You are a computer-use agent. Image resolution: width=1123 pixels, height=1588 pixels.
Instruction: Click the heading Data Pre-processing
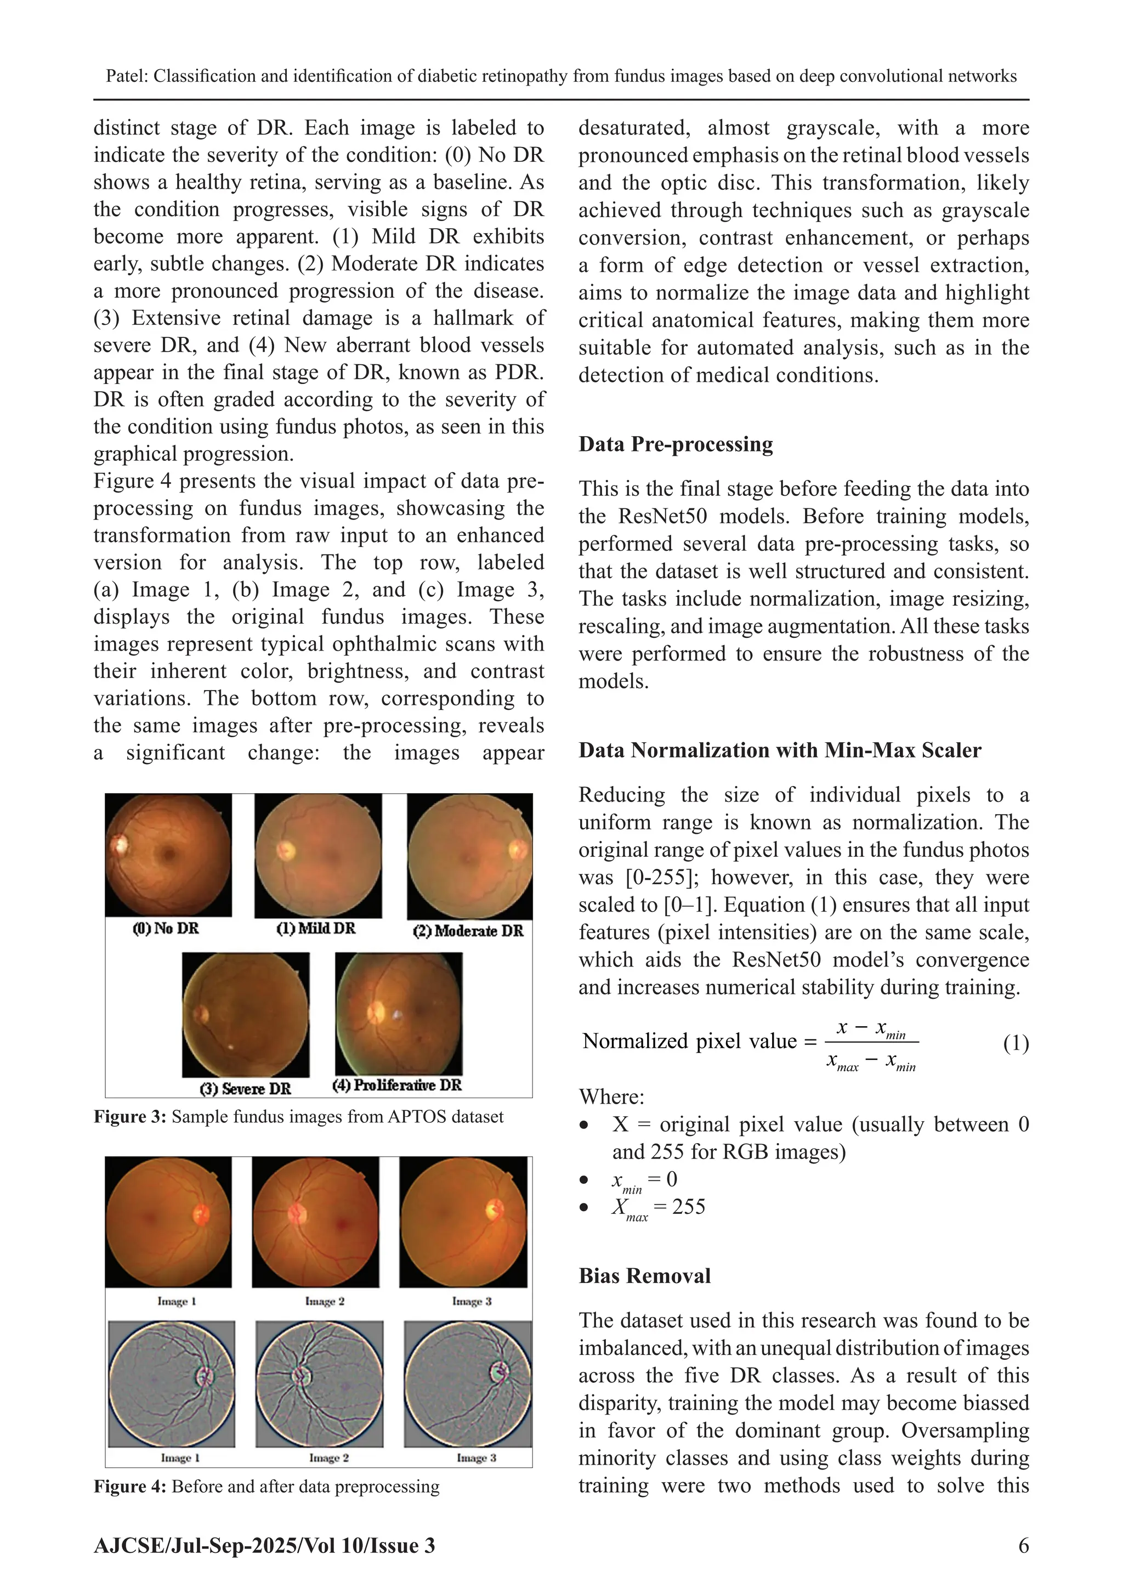click(x=675, y=444)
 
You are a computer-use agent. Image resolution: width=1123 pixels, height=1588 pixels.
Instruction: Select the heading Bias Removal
click(x=644, y=1276)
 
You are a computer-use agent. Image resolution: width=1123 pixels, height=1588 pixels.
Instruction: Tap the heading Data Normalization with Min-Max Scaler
click(x=779, y=750)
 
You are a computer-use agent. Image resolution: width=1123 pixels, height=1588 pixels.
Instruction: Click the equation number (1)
click(x=1015, y=1043)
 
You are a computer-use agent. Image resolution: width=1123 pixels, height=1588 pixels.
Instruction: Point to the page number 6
click(x=1023, y=1545)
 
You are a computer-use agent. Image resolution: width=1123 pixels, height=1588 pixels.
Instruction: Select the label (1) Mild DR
click(x=316, y=928)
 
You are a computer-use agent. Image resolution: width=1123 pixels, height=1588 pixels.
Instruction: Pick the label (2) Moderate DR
click(x=468, y=931)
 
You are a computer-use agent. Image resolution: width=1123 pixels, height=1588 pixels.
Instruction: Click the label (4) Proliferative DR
click(x=397, y=1084)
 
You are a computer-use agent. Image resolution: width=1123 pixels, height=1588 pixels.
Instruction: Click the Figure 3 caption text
click(x=299, y=1117)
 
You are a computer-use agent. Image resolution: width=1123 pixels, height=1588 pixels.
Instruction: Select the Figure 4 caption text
click(x=266, y=1487)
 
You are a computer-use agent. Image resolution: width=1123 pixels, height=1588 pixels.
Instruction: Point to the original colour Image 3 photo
click(x=463, y=1222)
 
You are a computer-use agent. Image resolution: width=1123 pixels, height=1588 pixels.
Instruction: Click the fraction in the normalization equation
click(x=871, y=1042)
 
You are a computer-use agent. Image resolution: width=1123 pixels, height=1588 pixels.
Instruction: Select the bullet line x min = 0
click(x=643, y=1180)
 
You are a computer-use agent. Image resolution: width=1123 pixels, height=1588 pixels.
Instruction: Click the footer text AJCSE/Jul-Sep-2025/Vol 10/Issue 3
click(x=264, y=1546)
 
